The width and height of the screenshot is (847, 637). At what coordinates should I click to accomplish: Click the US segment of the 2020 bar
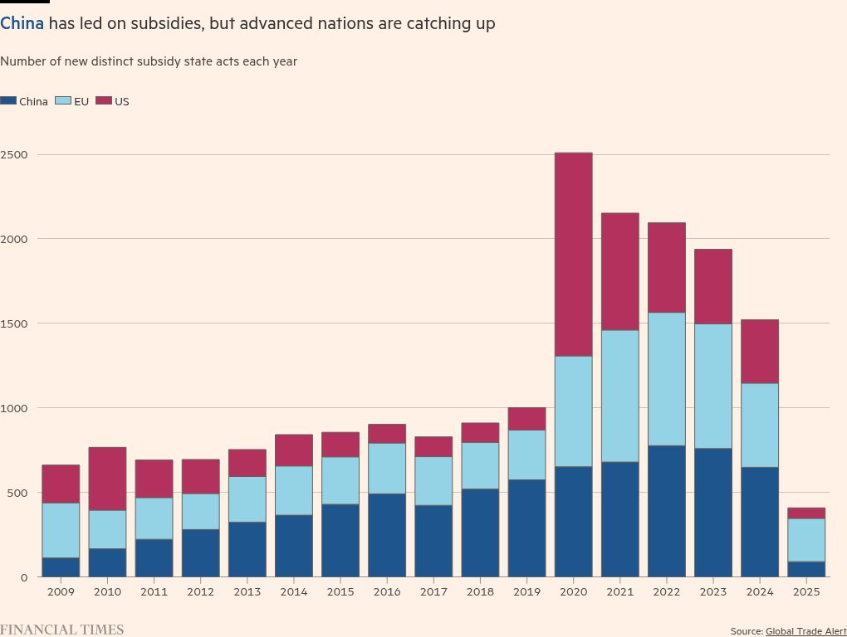[x=573, y=255]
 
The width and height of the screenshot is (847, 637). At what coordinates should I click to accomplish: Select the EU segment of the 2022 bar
[x=666, y=379]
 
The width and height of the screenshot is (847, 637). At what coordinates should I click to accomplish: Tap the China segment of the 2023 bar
[x=712, y=513]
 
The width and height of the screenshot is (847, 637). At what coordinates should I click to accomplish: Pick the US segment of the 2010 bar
[x=107, y=479]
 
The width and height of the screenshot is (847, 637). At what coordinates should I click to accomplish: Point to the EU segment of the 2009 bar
[x=61, y=531]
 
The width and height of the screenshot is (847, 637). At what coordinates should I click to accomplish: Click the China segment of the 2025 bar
[x=806, y=569]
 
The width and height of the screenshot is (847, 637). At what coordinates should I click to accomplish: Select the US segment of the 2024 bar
[x=760, y=352]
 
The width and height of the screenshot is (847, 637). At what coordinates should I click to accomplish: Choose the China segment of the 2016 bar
[x=387, y=535]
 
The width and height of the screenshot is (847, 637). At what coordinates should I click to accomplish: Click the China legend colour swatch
[x=8, y=100]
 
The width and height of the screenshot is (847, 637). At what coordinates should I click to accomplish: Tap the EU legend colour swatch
[x=63, y=100]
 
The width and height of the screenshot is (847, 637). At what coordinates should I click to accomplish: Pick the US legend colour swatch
[x=104, y=100]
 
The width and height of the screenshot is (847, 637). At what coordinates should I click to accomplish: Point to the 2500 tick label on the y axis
[x=14, y=154]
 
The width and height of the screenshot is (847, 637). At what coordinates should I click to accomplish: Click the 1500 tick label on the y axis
[x=14, y=323]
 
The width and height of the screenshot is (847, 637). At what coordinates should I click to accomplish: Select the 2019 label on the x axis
[x=526, y=592]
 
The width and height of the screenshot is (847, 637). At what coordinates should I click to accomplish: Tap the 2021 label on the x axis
[x=619, y=592]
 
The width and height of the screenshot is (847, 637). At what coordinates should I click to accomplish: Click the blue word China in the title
[x=22, y=23]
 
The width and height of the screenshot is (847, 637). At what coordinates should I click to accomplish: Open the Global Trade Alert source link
[x=805, y=631]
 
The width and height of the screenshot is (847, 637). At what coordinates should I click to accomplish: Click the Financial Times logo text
[x=61, y=630]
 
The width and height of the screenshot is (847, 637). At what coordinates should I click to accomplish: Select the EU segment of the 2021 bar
[x=619, y=396]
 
